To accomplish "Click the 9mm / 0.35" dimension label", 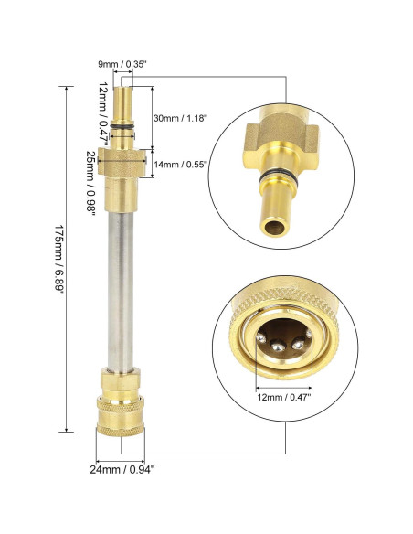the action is point(122,64).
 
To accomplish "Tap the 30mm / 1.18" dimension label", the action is point(180,118).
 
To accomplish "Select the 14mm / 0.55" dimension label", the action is point(180,165).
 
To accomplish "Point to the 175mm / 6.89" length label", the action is point(59,260).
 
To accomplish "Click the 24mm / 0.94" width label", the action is point(122,470).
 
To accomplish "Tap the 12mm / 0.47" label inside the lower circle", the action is point(284,397).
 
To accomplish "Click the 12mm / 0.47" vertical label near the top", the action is point(104,113).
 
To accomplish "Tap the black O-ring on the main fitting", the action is point(122,127).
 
